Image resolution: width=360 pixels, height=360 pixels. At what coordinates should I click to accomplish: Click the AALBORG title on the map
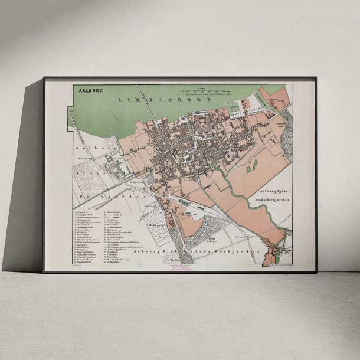click(87, 91)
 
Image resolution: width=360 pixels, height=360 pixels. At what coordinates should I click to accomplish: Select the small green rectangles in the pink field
click(251, 166)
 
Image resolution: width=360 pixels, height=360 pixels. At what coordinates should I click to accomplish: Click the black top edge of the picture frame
click(180, 78)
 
